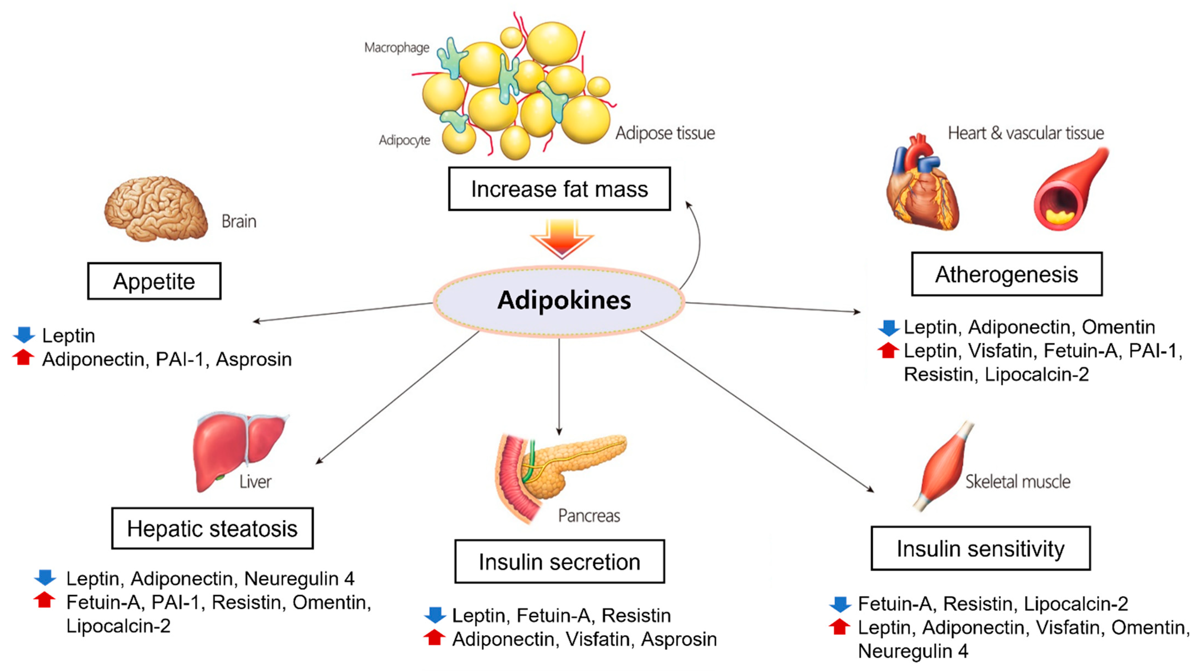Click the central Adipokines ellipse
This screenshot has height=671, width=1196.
click(x=559, y=301)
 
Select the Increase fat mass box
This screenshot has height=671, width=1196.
click(x=559, y=189)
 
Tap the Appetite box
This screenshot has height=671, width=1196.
click(x=154, y=281)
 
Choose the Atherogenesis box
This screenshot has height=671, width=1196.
click(x=1007, y=274)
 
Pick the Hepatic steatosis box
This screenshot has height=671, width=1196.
click(x=212, y=529)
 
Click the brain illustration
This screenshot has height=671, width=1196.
click(x=156, y=209)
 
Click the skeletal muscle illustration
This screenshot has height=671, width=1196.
click(x=942, y=467)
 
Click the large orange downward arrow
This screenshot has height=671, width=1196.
click(x=562, y=238)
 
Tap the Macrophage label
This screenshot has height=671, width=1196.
click(x=397, y=48)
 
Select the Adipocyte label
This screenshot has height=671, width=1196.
click(x=404, y=140)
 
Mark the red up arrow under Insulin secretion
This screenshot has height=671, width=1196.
click(x=435, y=638)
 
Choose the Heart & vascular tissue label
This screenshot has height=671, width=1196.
click(x=1025, y=133)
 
